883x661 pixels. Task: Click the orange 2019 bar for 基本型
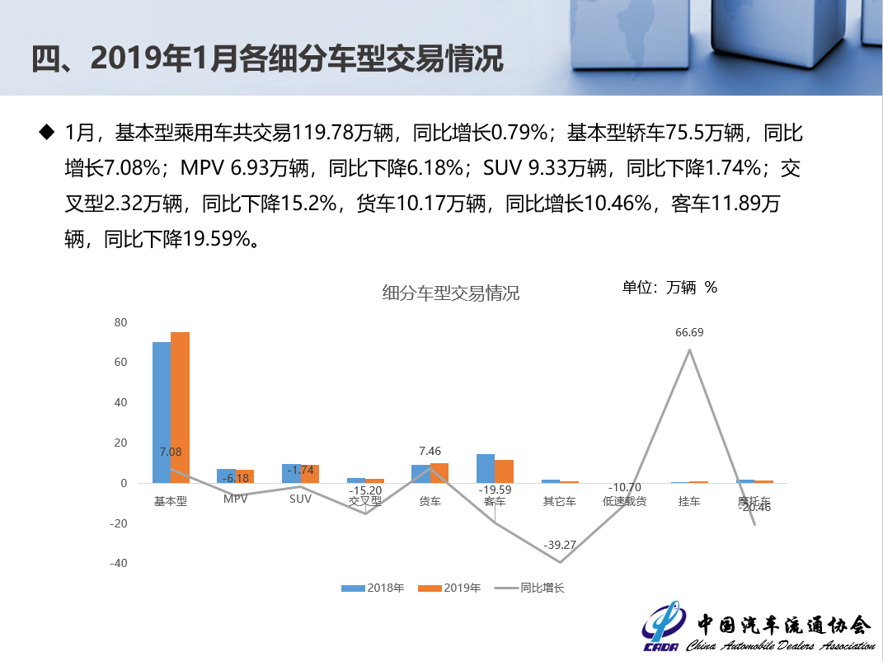click(180, 407)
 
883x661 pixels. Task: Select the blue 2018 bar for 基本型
click(162, 412)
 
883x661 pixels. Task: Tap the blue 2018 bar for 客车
click(486, 468)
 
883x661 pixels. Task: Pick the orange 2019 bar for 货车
click(439, 473)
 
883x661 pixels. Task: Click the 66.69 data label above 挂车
click(689, 333)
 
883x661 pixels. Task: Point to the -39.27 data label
click(560, 546)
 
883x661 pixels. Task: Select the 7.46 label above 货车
click(430, 451)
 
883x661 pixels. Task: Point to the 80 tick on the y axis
click(120, 322)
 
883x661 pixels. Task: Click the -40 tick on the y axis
click(119, 564)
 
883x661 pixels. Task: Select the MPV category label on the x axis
click(236, 500)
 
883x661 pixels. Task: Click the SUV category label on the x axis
click(300, 500)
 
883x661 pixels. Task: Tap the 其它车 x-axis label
click(560, 500)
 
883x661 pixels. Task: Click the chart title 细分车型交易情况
click(451, 293)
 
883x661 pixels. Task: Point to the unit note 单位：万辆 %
click(669, 287)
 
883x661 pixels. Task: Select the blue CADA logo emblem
click(661, 631)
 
